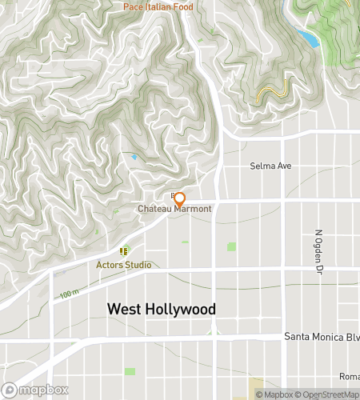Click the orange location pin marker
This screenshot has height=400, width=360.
(x=180, y=198)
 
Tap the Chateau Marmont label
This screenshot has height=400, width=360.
(x=174, y=209)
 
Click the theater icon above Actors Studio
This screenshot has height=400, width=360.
(x=124, y=250)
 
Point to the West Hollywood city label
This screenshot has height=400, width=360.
(x=162, y=309)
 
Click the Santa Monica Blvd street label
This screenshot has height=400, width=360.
(x=322, y=337)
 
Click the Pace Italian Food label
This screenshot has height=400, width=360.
(x=158, y=6)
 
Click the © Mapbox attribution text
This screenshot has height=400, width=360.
(x=274, y=394)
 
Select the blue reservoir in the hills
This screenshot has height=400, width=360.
(x=306, y=37)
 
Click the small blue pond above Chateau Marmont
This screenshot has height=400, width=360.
(x=134, y=157)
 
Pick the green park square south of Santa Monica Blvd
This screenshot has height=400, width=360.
(x=130, y=371)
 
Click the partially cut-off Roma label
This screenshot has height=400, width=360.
(x=350, y=377)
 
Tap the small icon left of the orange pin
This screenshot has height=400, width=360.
(x=172, y=194)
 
